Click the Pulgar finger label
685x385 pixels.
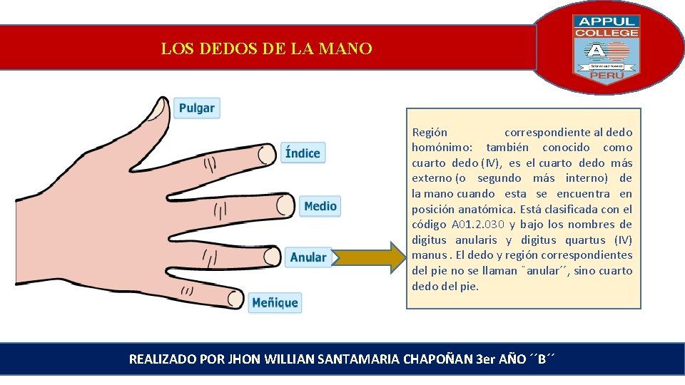(196, 108)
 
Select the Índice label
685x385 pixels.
(303, 153)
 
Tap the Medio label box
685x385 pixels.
(320, 206)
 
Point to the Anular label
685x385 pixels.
(308, 257)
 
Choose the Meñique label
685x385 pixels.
(275, 302)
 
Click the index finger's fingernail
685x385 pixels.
(266, 154)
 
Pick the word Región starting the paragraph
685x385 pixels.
(430, 132)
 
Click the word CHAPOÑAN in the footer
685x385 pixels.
(437, 359)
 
